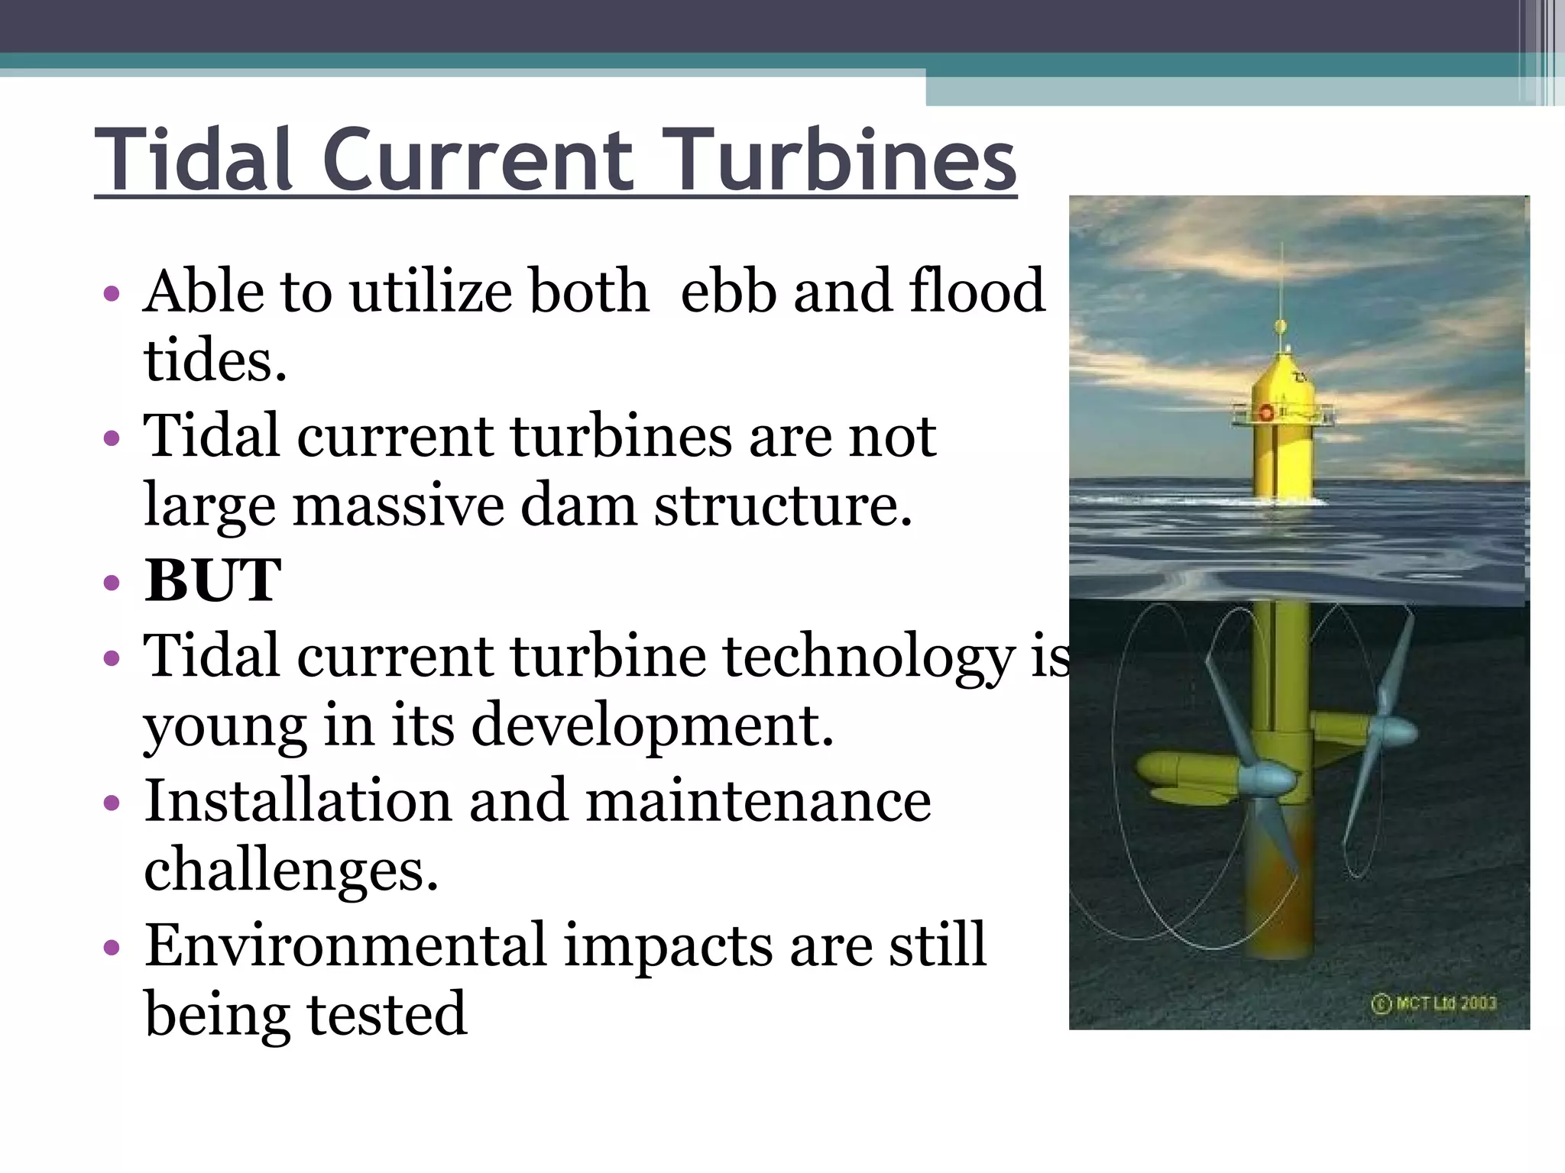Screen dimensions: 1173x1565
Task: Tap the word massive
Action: (397, 506)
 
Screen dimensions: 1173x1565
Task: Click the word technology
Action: (868, 657)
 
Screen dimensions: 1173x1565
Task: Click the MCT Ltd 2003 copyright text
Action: (1434, 1003)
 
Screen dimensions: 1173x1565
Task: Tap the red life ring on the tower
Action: (1265, 413)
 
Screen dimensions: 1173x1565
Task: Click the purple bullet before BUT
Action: (112, 583)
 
